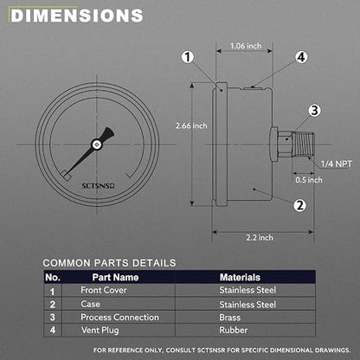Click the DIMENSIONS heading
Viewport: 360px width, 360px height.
(x=77, y=16)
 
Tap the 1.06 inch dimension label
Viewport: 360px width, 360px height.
(x=246, y=46)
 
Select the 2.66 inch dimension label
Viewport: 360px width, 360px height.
(x=191, y=125)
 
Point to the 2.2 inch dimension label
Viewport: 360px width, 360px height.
(x=260, y=238)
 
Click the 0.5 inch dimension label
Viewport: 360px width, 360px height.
(x=309, y=180)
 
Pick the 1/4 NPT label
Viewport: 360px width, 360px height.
(x=337, y=164)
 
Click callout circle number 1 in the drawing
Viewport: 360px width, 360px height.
(x=188, y=57)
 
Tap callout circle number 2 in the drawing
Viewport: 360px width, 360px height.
(x=300, y=205)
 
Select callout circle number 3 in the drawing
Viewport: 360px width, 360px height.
(x=314, y=110)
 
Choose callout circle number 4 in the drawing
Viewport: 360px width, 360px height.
(x=301, y=57)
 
